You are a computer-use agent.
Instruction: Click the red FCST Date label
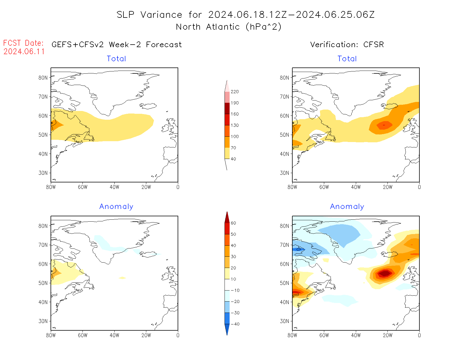[23, 43]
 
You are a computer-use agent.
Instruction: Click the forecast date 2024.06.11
[24, 52]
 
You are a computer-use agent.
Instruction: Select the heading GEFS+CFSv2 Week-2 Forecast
[117, 45]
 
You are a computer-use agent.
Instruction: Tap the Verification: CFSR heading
[347, 45]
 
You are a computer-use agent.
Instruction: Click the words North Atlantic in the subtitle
[208, 27]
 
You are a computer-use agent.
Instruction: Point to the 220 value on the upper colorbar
[235, 92]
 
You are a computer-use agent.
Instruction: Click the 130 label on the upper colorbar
[235, 125]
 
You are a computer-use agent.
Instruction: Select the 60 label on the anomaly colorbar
[233, 223]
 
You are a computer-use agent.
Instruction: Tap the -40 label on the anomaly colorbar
[235, 324]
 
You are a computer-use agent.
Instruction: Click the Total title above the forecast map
[116, 59]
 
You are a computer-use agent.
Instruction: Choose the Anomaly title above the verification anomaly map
[347, 207]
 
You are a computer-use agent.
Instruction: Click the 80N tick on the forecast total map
[43, 78]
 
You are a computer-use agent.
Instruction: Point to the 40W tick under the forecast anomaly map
[114, 335]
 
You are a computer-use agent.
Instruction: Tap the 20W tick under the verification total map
[387, 187]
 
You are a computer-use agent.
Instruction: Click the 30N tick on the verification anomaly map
[285, 321]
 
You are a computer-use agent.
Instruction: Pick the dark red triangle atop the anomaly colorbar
[227, 217]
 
